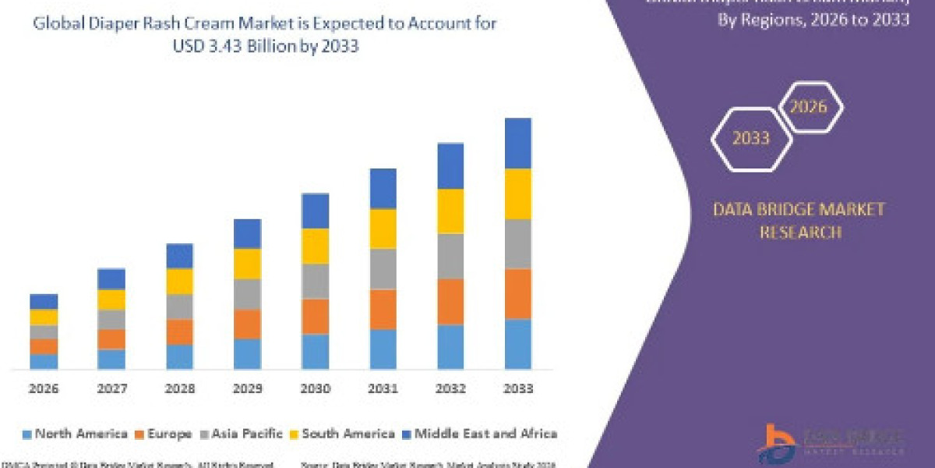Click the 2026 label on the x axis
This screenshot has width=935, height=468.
coord(44,388)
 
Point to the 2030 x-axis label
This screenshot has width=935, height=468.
coord(315,388)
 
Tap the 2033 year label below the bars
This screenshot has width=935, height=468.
coord(518,388)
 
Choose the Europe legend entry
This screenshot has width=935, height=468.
coord(168,434)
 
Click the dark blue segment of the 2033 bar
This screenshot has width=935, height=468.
coord(518,143)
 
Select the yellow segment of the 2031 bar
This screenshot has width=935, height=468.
coord(383,228)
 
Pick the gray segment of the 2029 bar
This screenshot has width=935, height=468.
coord(247,293)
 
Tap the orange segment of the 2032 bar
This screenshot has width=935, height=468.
coord(450,301)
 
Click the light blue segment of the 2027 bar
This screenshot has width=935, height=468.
coord(111,359)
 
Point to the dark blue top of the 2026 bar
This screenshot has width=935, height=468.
coord(44,301)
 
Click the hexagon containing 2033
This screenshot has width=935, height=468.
coord(750,139)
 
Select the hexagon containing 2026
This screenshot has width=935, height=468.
coord(808,107)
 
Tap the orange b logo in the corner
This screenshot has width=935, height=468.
coord(771,441)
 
